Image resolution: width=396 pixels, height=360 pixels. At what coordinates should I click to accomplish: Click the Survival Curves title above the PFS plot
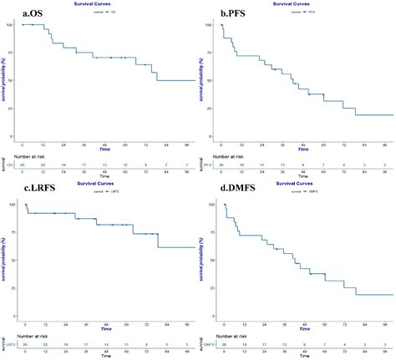(303, 3)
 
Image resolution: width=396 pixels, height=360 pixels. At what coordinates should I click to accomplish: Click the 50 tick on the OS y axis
(8, 81)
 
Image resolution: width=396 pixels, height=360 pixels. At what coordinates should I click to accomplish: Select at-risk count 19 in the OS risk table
(58, 165)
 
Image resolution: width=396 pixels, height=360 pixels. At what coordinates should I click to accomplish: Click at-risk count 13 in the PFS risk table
(283, 165)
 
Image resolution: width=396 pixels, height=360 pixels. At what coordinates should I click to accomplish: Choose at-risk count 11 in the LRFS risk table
(126, 344)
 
